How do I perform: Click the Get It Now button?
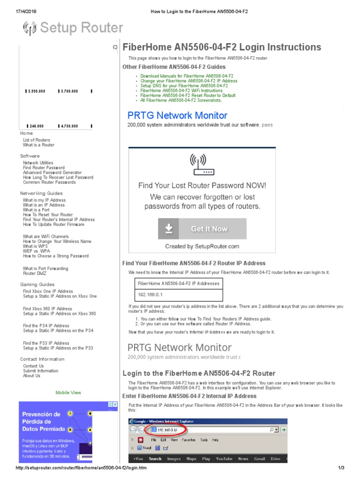pos(202,229)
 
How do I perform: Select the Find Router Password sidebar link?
pos(44,168)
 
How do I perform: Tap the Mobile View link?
pos(68,392)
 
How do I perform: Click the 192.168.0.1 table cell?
pos(150,295)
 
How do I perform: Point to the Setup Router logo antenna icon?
pos(30,29)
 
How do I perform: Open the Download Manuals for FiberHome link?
pos(187,76)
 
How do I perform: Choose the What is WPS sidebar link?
pos(35,247)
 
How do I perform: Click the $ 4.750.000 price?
pos(67,126)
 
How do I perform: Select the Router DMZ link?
pos(35,273)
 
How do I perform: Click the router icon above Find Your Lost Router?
pos(202,165)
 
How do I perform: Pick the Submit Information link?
pos(41,371)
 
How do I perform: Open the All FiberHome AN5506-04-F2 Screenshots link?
pos(181,100)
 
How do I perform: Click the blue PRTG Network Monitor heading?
pos(177,115)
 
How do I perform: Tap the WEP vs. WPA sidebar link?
pos(37,251)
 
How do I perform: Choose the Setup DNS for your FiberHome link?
pos(184,86)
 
